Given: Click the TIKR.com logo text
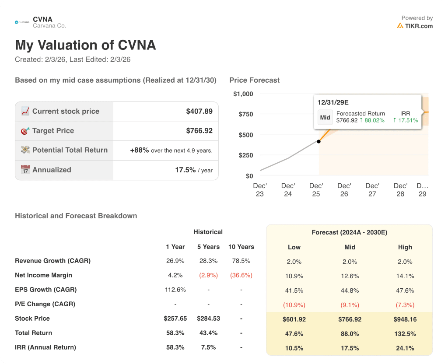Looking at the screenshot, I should point(418,26).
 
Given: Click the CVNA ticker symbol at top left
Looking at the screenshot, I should point(42,19).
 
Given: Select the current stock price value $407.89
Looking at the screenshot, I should point(199,112).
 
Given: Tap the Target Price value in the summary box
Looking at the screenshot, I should point(199,131).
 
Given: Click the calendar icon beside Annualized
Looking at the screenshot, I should point(25,170).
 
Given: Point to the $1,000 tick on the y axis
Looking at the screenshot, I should point(243,94).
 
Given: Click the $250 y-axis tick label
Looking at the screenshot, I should point(245,155).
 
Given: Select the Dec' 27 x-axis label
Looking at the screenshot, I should point(372,190).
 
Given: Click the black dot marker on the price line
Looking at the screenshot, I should point(319,141).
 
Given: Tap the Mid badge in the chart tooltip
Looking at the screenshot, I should point(325,117).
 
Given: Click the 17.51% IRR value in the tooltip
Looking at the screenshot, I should point(406,120).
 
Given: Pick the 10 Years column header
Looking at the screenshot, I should point(241,247).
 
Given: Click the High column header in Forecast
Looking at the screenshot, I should point(405,247).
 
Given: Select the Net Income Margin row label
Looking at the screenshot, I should point(43,275).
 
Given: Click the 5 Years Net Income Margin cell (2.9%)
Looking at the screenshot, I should point(208,275).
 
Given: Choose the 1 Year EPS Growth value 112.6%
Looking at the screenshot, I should point(175,290).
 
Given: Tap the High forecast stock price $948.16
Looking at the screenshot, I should point(405,319).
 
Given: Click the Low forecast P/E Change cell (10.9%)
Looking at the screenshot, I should point(294,305).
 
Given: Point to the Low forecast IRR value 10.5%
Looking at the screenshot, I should point(294,348).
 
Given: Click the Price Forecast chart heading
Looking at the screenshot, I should point(254,80).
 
